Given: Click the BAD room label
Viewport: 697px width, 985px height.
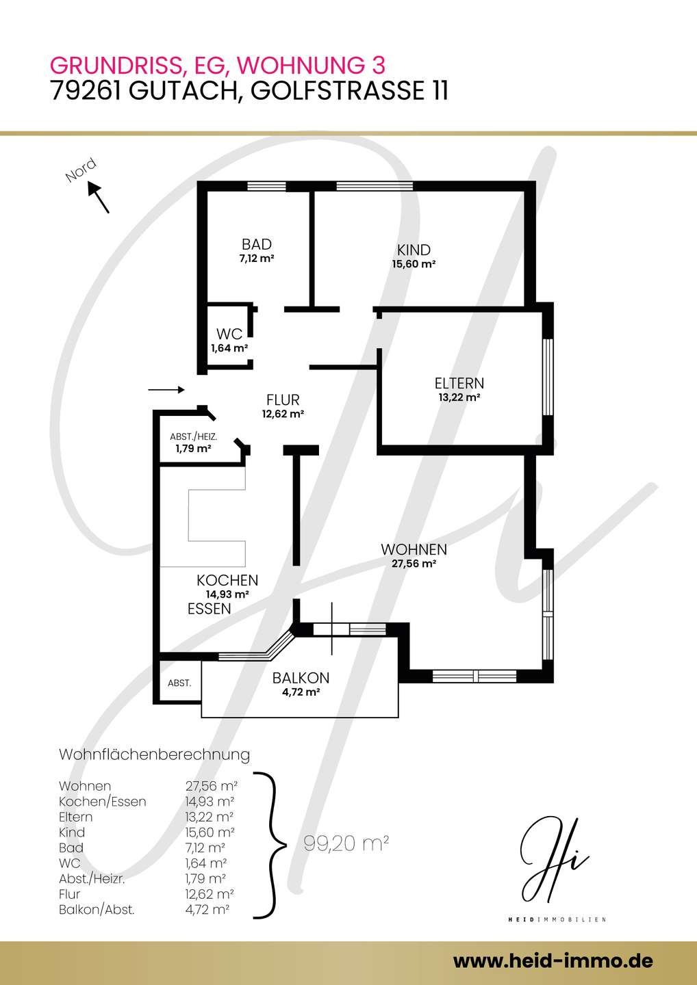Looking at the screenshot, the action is coord(257,244).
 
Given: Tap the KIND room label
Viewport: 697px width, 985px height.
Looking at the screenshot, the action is coord(414,250).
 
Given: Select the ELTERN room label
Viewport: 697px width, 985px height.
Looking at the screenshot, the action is coord(459,384).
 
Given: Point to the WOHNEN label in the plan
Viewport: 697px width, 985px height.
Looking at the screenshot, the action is coord(414,550).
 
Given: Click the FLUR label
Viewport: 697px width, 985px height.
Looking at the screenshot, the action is coord(283,399).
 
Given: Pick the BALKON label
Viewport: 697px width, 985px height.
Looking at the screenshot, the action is coord(301,678).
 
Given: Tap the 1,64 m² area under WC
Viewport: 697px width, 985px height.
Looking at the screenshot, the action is coord(229,348).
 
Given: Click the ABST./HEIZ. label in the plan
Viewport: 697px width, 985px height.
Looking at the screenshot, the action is coord(194,437).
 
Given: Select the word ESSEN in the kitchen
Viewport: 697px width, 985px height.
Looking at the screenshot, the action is coord(210,609).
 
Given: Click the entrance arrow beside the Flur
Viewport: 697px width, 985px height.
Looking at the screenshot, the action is coord(166,390).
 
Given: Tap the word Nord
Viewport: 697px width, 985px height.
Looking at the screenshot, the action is coord(81,170).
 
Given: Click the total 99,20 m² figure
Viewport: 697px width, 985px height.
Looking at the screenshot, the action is coord(346,843).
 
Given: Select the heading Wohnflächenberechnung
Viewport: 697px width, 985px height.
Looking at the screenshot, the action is coord(155,754).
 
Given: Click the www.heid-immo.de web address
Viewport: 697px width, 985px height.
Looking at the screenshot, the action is coord(553,960).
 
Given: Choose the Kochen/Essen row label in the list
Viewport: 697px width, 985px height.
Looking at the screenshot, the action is coord(103,801).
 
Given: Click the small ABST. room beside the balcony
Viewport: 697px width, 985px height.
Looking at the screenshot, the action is coord(179,683).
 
